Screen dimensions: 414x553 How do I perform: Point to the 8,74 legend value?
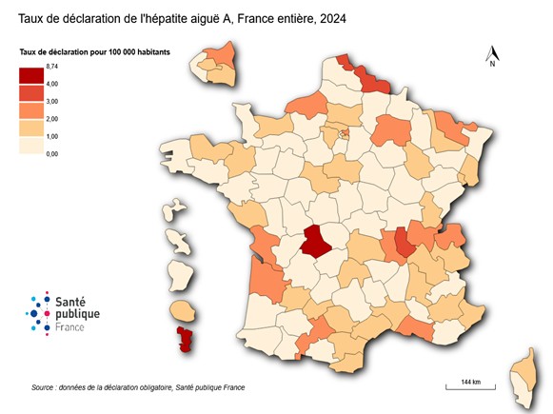pyautogui.click(x=51, y=65)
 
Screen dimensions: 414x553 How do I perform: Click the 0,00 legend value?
pyautogui.click(x=51, y=153)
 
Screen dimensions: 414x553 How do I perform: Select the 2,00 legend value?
pyautogui.click(x=51, y=118)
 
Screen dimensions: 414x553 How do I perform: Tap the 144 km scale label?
pyautogui.click(x=469, y=382)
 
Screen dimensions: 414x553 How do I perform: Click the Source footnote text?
pyautogui.click(x=138, y=388)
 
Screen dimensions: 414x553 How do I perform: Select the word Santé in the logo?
pyautogui.click(x=75, y=300)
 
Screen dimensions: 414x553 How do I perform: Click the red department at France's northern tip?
pyautogui.click(x=367, y=76)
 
